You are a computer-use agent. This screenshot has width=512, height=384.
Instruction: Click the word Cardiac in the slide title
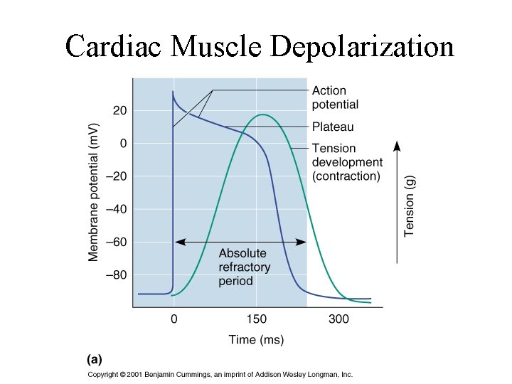(x=114, y=47)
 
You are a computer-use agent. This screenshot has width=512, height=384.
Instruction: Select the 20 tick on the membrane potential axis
(x=119, y=111)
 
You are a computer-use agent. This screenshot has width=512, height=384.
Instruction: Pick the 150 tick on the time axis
(x=257, y=319)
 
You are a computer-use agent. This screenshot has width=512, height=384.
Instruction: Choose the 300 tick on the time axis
(x=338, y=319)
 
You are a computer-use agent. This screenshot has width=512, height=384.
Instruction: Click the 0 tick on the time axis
(x=174, y=319)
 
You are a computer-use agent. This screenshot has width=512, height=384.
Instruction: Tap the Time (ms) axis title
(x=256, y=340)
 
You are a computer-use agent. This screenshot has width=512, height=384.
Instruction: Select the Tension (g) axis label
(x=410, y=207)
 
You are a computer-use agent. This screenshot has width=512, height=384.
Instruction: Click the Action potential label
(x=335, y=97)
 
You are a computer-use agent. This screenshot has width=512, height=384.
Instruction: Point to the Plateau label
(x=333, y=127)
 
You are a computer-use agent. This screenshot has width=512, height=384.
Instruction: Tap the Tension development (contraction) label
(x=347, y=162)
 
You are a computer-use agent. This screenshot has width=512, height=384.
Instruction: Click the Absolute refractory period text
(x=244, y=267)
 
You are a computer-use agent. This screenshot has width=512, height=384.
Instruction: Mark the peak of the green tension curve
(x=263, y=114)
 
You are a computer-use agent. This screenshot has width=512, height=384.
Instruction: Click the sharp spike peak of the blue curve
(x=173, y=92)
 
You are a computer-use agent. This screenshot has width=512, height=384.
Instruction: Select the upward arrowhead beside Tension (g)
(x=397, y=146)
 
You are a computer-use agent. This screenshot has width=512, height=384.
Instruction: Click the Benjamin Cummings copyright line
(x=220, y=375)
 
